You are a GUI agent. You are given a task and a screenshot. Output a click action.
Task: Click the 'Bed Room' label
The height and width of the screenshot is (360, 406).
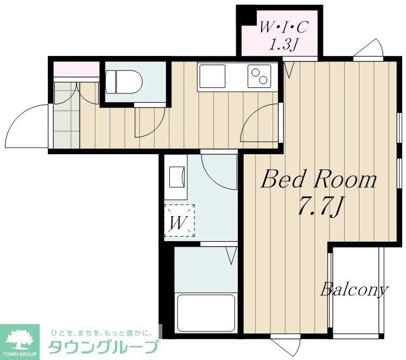pos(319,179)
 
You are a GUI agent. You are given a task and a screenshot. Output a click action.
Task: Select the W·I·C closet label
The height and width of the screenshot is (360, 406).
pos(278,26)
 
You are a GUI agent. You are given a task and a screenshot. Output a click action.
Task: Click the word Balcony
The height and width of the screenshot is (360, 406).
pos(354,289)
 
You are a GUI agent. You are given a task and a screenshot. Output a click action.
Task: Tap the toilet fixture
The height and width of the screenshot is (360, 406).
pos(124,83)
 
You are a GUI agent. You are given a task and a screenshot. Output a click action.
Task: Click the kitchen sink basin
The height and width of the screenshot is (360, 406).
pos(212,76)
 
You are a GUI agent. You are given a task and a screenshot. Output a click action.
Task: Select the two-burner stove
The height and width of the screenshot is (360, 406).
pos(259,76)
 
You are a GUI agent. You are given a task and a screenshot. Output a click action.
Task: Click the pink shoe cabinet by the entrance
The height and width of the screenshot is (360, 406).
pos(76,70)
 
